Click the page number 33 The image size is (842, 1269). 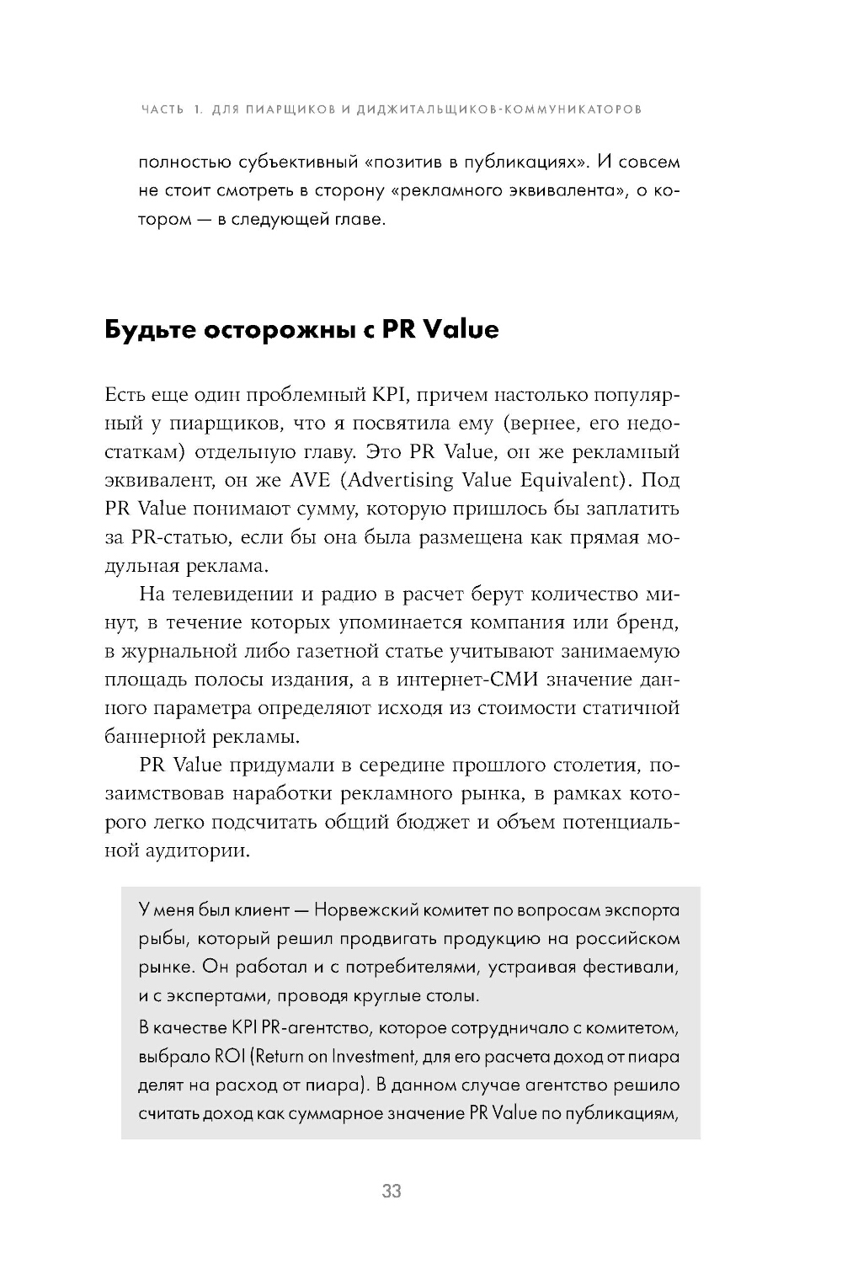[392, 1192]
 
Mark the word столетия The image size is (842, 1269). [581, 766]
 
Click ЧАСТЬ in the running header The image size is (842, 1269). [163, 109]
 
